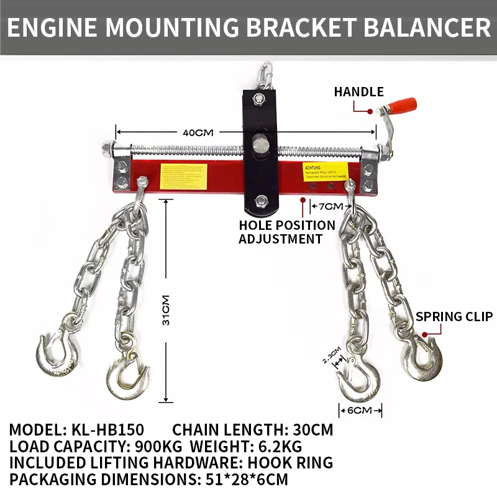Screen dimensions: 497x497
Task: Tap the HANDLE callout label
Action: (x=358, y=92)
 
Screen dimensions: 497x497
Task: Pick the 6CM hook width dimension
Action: (x=360, y=411)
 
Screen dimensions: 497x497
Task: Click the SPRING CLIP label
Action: (x=454, y=317)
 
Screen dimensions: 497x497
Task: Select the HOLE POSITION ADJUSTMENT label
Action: (x=286, y=232)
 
